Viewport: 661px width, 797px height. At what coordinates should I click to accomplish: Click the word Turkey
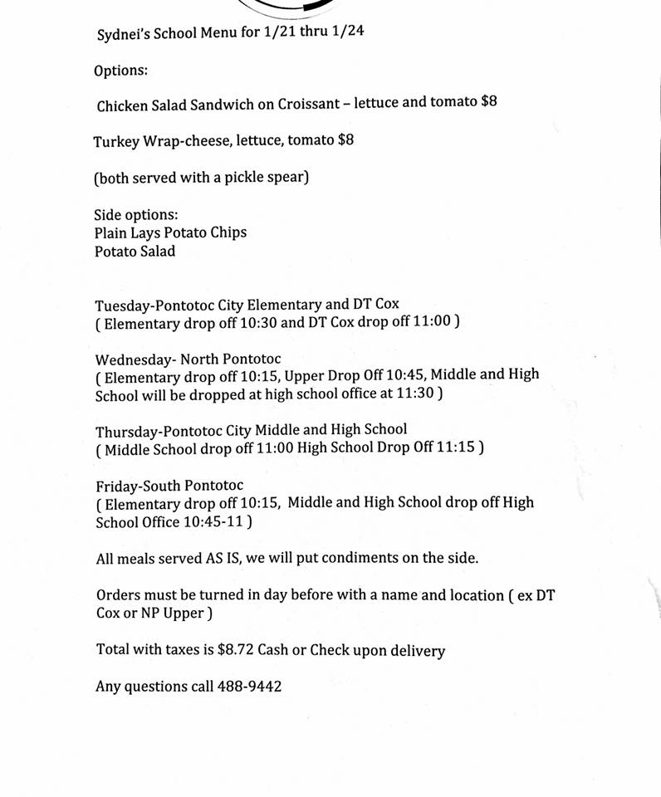tap(116, 140)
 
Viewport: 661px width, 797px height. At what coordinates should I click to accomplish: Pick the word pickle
tap(242, 177)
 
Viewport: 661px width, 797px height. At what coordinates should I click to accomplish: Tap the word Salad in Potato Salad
tap(156, 251)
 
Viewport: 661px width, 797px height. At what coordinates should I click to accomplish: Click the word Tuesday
tap(125, 304)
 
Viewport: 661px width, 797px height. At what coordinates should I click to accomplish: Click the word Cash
tap(272, 650)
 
